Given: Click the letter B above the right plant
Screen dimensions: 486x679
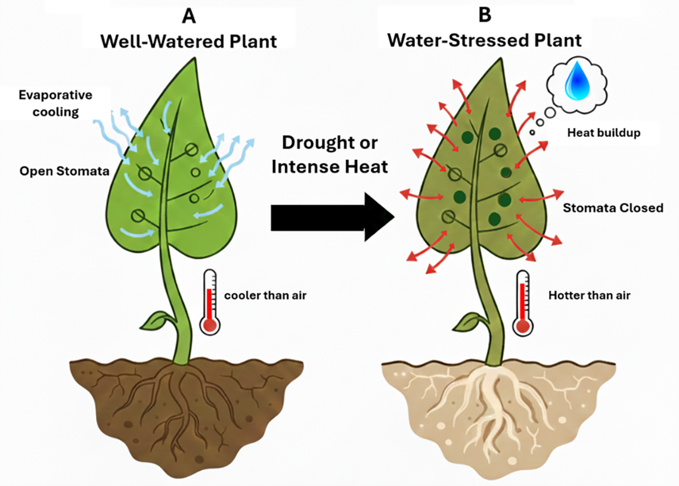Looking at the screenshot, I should [x=485, y=15].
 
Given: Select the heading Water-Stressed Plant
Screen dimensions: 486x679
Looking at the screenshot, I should [x=485, y=41].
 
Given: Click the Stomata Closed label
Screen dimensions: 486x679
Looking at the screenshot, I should [x=613, y=208].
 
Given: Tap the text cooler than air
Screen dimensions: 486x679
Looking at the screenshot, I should [x=265, y=295].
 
